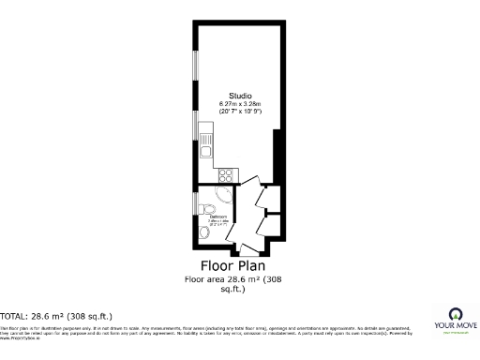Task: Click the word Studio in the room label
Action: [x=240, y=95]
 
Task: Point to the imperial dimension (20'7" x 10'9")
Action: [x=240, y=111]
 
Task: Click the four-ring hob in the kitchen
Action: [x=225, y=173]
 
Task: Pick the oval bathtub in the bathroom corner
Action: [x=223, y=194]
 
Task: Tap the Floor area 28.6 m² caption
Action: [x=232, y=279]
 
